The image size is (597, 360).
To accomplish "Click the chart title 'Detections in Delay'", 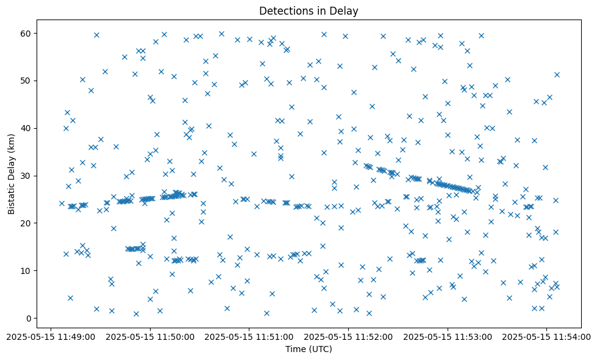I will pos(309,10).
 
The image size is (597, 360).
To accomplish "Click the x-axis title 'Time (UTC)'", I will pos(309,349).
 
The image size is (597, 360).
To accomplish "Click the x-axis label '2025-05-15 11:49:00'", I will pos(51,336).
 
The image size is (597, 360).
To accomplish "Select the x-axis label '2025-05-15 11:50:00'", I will pos(150,336).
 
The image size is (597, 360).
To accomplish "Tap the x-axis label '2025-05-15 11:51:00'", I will pos(249,336).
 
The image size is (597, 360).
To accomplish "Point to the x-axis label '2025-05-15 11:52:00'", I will pos(348,336).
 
